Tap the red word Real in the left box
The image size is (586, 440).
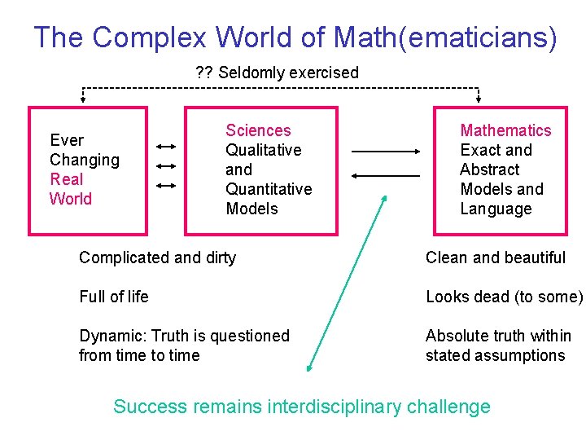pos(67,179)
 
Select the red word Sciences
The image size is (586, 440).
pos(258,130)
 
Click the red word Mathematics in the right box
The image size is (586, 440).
pos(505,130)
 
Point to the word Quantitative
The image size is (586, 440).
pos(269,189)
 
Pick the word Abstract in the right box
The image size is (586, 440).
pos(489,169)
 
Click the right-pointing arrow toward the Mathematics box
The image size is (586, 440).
pos(386,152)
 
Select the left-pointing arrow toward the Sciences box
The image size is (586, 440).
pos(386,175)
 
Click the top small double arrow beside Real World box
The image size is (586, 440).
pos(166,147)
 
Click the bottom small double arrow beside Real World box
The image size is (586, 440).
pos(166,186)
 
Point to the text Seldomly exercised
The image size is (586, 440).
pos(288,73)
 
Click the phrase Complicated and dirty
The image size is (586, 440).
pos(157,257)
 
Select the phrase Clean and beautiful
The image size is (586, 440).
pos(495,257)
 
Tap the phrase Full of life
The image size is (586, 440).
pos(114,297)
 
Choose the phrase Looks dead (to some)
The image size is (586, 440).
pos(504,297)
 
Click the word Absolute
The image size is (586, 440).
pos(456,336)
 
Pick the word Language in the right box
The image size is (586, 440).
pos(496,209)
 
